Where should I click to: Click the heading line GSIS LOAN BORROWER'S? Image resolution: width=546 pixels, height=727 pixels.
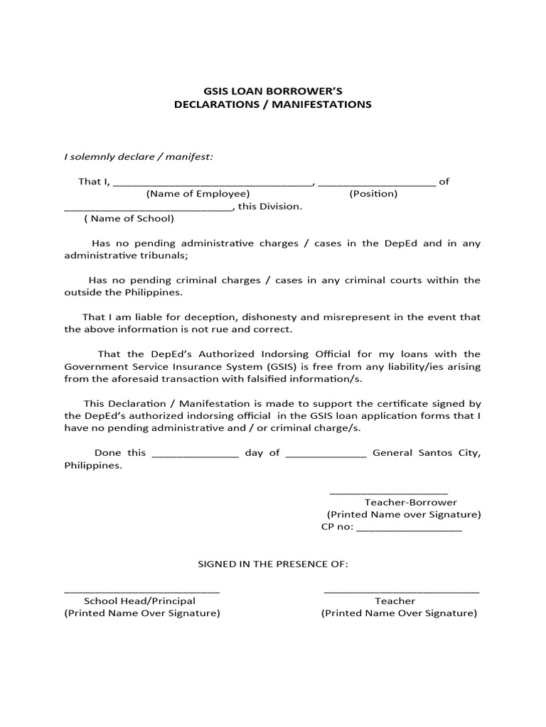273,91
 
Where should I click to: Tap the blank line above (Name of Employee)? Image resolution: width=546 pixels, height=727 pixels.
213,183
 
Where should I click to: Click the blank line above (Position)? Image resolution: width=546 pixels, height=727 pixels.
377,183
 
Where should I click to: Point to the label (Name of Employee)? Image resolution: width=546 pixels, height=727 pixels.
198,194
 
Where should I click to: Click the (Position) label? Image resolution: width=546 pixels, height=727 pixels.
373,194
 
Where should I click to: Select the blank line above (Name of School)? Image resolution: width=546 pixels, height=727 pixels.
148,209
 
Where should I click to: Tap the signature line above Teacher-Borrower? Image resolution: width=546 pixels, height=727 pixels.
389,493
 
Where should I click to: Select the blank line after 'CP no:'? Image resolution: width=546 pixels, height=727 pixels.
408,530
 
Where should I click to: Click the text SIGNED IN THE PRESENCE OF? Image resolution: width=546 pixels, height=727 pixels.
272,564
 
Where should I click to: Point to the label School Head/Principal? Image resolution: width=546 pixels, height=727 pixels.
140,601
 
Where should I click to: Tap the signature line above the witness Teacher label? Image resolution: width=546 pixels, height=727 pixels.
401,591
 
